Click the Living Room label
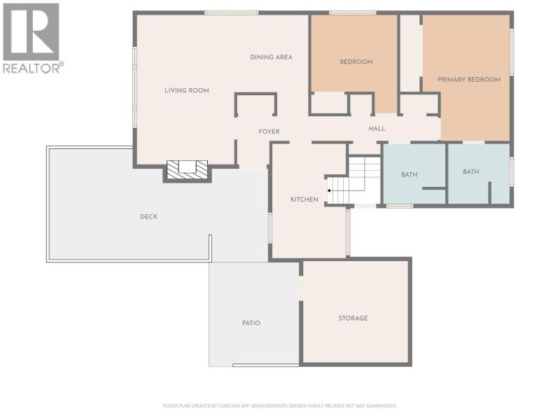point(187,90)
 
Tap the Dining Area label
point(271,57)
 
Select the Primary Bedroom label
point(469,80)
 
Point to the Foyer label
point(269,132)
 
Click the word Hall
point(377,129)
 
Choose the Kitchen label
point(304,199)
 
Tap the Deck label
point(149,216)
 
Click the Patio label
point(251,323)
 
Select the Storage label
point(353,318)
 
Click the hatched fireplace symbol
point(188,169)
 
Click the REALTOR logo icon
point(31,31)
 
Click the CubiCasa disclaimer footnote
point(279,406)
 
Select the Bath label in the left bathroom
point(409,174)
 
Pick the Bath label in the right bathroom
point(470,171)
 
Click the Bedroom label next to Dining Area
point(356,62)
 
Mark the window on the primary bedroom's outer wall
point(512,52)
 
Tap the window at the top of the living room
point(232,13)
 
